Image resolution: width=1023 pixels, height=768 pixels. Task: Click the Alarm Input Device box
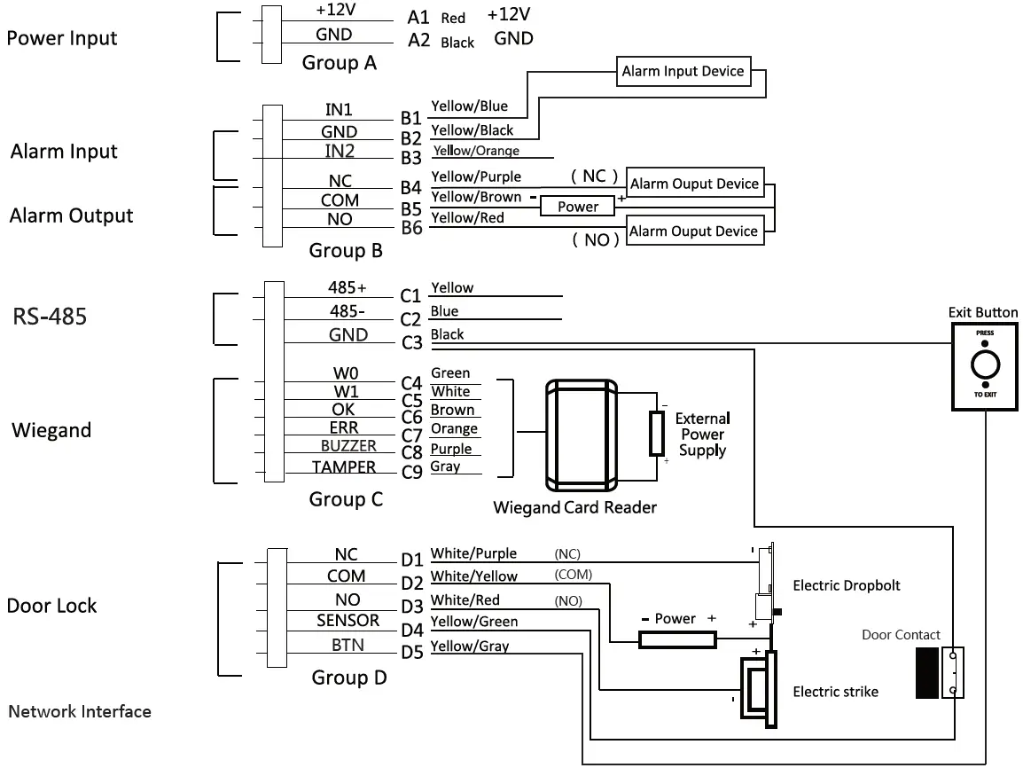coord(683,71)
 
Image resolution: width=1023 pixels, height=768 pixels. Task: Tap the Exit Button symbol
coord(985,367)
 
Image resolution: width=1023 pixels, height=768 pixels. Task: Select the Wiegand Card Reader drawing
coord(582,435)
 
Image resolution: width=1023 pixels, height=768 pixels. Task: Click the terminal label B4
coord(411,188)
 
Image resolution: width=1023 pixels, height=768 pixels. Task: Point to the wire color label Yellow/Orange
coord(476,151)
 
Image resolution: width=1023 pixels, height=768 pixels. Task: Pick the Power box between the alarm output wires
coord(577,207)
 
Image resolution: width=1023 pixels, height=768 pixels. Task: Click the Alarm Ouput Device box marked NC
coord(695,184)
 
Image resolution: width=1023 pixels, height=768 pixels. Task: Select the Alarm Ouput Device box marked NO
coord(694,231)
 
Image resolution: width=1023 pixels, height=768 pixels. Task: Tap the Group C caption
coord(346,499)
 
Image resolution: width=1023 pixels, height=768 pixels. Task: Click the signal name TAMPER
coord(344,467)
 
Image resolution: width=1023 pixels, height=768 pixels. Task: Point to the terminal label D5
coord(412,653)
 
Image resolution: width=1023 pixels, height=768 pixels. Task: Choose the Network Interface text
coord(80,711)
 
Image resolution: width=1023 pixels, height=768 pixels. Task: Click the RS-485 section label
coord(51,317)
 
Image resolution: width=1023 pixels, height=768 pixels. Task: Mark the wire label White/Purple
coord(473,553)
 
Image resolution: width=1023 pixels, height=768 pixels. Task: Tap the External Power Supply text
coord(703,435)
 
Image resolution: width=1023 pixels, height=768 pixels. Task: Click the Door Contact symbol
coord(940,673)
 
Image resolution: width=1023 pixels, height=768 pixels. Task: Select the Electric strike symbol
coord(758,689)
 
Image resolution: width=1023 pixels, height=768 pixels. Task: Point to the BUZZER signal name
coord(348,446)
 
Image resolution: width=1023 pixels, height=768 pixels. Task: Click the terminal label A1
coord(418,18)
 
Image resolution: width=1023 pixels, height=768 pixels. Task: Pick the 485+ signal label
coord(348,287)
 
